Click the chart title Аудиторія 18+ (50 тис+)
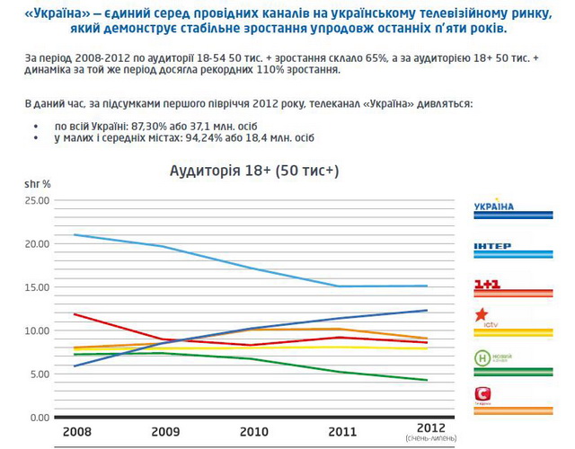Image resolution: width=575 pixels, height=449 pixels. point(254,170)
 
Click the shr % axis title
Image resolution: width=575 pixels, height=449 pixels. point(37,183)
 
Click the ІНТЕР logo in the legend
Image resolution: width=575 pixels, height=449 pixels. point(492,246)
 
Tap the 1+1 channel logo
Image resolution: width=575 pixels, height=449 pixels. point(488,286)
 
